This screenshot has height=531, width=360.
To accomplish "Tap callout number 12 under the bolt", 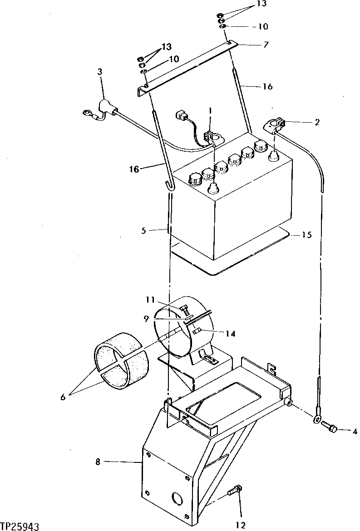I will [x=241, y=525].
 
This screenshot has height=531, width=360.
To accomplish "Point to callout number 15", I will [x=307, y=235].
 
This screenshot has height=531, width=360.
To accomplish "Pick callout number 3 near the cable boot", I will [x=99, y=71].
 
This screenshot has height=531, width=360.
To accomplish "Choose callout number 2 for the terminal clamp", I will [x=317, y=122].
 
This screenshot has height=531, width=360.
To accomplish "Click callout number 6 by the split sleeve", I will [x=63, y=397].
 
